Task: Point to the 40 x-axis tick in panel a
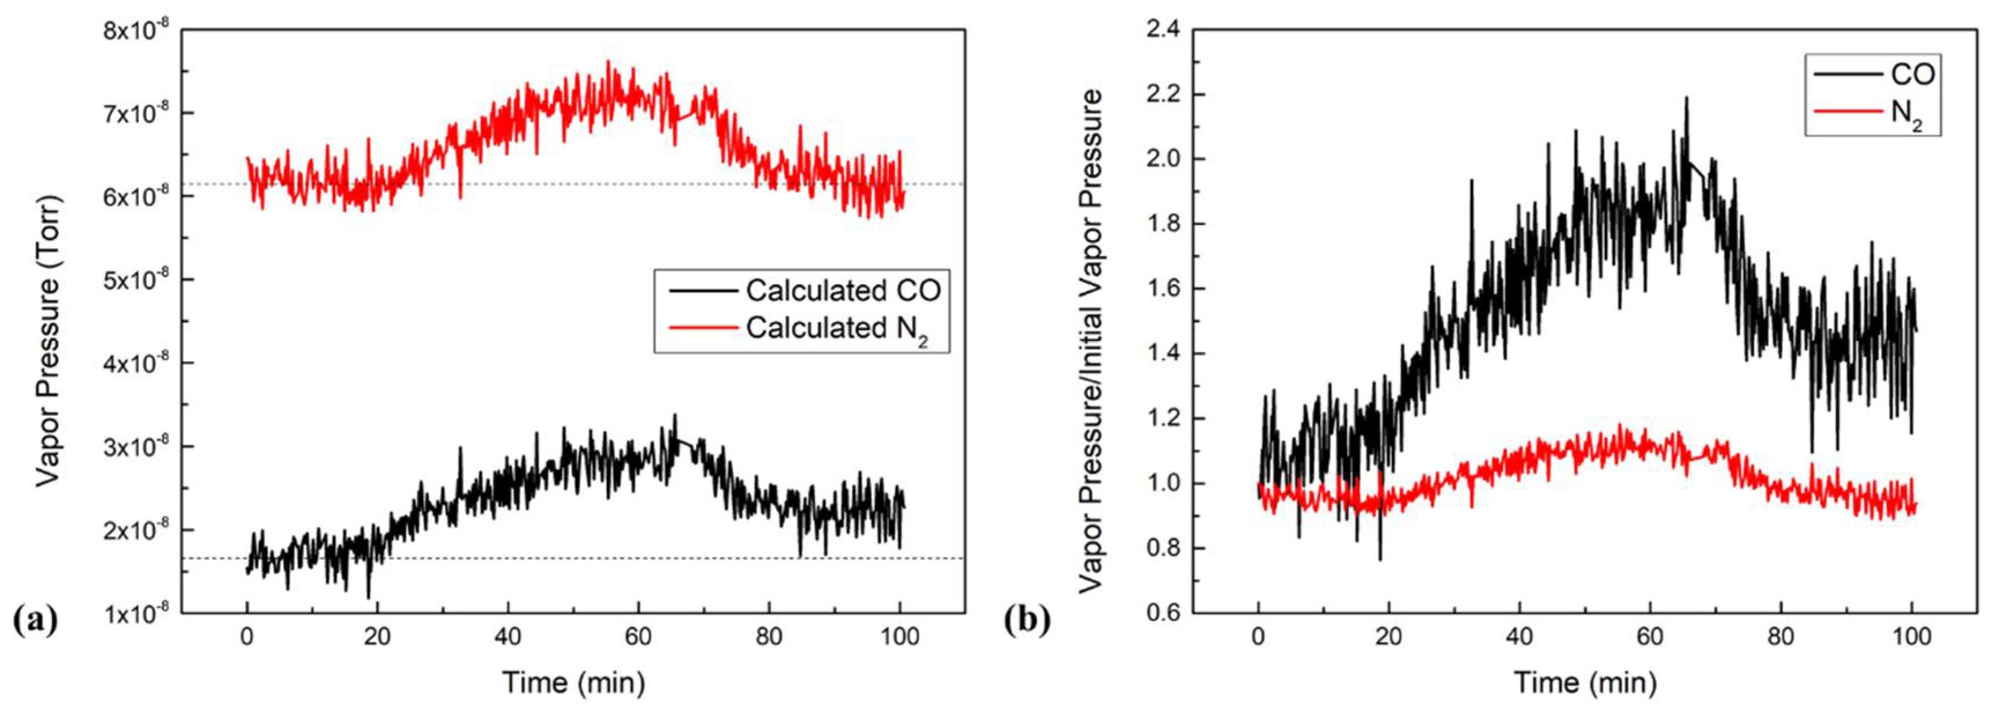pyautogui.click(x=507, y=638)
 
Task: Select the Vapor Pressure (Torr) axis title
pyautogui.click(x=48, y=341)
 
